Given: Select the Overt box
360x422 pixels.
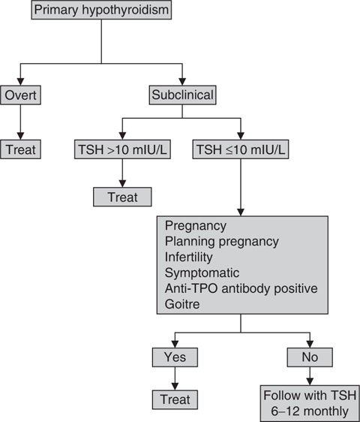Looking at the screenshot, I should click(21, 95).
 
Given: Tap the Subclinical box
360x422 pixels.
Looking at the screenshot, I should click(182, 95).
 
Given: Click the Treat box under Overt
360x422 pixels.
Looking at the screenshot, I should click(21, 150).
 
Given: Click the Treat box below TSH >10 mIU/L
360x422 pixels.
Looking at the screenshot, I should click(121, 197).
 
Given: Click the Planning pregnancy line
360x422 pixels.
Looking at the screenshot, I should click(221, 242).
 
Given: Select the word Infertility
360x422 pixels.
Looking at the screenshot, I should click(189, 257).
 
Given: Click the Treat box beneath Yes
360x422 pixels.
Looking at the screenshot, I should click(172, 399).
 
